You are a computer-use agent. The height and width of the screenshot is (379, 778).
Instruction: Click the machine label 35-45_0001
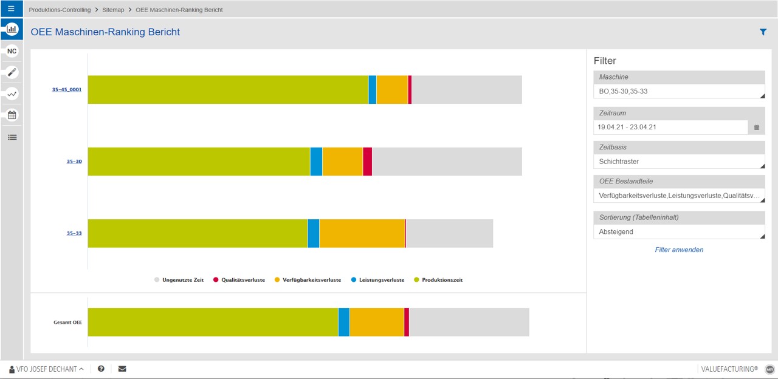(67, 90)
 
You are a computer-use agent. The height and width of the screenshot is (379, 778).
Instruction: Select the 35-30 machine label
(74, 162)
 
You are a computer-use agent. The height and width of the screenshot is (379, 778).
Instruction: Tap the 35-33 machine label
(74, 233)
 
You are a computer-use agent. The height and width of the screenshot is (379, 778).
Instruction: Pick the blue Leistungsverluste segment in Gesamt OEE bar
(344, 322)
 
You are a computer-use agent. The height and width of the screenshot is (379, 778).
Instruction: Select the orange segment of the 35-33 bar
(362, 233)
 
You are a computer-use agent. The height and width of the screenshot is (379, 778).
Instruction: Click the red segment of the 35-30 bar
(367, 162)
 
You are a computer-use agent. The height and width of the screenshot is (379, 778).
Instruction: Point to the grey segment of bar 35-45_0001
(467, 90)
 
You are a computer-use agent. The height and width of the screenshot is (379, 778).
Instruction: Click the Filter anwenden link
(679, 250)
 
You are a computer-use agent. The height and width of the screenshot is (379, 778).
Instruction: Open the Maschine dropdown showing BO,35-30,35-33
(679, 92)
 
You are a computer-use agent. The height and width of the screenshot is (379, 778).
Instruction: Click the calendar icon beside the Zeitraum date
(757, 128)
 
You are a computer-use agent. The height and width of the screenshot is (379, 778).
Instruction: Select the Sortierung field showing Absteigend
(679, 232)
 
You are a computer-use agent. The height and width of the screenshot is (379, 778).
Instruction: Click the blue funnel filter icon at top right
(763, 32)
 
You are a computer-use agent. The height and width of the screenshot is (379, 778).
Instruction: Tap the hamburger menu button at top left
(11, 9)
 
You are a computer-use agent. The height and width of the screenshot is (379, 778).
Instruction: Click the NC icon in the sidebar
(12, 51)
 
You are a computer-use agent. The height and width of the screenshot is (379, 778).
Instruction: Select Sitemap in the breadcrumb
(113, 10)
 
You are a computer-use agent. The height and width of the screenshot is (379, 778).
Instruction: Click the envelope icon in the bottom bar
(122, 369)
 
